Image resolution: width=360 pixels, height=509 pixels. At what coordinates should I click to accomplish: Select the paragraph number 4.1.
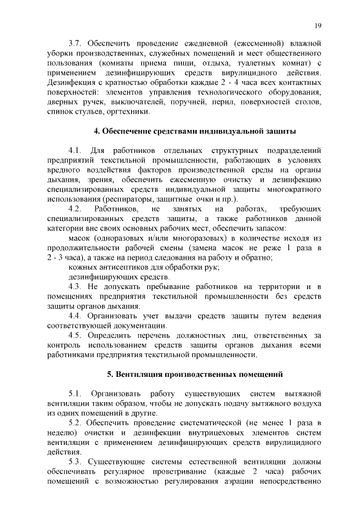(x=75, y=150)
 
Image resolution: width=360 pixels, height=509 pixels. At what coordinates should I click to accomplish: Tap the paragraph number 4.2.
(x=75, y=209)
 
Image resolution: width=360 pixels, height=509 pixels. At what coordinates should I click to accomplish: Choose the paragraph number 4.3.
(x=75, y=287)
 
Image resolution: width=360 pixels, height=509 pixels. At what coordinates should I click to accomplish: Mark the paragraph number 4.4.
(x=75, y=316)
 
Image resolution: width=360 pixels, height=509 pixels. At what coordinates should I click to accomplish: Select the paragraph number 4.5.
(x=75, y=336)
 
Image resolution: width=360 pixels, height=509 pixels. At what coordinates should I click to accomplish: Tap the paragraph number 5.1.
(x=75, y=393)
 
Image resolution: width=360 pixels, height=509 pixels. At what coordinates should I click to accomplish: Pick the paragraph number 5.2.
(x=75, y=422)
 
